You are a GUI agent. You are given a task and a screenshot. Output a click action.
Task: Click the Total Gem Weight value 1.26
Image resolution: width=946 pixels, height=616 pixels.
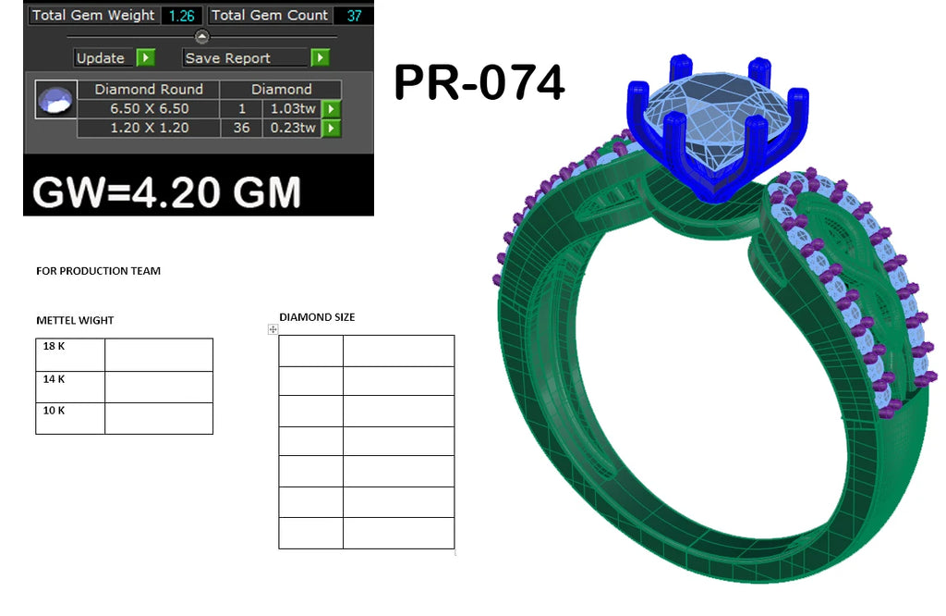(182, 16)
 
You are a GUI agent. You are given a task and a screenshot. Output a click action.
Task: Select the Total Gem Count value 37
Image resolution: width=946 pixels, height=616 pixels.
(354, 16)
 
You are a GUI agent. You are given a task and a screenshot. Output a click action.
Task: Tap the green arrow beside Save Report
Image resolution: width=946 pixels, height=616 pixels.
(321, 57)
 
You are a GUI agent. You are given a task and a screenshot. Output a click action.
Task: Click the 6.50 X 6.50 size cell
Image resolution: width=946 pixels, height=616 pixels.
(149, 109)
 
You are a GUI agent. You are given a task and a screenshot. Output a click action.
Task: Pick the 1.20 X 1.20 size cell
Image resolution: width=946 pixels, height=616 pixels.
(149, 128)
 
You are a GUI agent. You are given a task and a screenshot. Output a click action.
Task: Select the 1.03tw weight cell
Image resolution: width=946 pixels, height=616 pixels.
(293, 109)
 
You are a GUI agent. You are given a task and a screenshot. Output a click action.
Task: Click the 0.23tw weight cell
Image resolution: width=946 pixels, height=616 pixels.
(293, 128)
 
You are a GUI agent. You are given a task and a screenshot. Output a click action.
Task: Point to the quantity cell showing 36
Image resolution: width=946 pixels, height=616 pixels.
(241, 128)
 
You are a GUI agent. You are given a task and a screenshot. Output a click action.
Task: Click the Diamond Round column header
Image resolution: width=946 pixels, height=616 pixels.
(149, 90)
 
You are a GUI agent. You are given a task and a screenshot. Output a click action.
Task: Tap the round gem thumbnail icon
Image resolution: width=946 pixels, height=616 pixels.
(55, 100)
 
